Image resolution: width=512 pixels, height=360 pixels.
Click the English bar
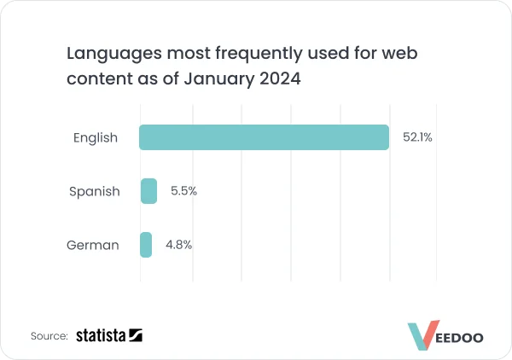[x=265, y=137]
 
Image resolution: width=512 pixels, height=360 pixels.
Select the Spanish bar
[x=148, y=191]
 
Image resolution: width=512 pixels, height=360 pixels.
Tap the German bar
[x=146, y=245]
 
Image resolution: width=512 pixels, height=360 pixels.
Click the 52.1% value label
[x=417, y=137]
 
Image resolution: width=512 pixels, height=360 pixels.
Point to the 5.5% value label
[x=183, y=191]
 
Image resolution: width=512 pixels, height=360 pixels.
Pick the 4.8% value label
[x=178, y=245]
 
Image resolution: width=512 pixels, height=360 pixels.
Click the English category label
[x=95, y=137]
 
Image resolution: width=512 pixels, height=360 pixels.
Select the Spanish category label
[x=94, y=191]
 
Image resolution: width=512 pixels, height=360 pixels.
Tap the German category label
[x=92, y=246]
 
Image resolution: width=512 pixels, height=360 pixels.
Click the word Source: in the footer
[x=49, y=336]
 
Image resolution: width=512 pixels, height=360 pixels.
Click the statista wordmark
[x=101, y=336]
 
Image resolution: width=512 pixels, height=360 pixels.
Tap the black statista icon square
[x=136, y=336]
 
